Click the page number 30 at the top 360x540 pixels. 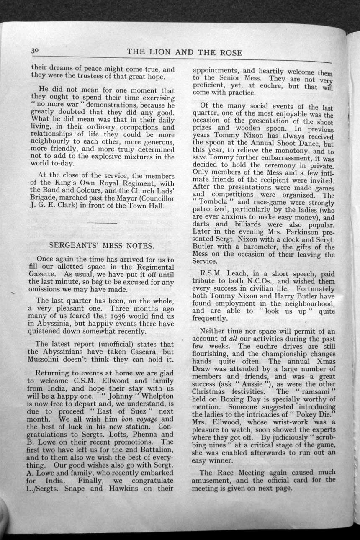click(34, 50)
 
